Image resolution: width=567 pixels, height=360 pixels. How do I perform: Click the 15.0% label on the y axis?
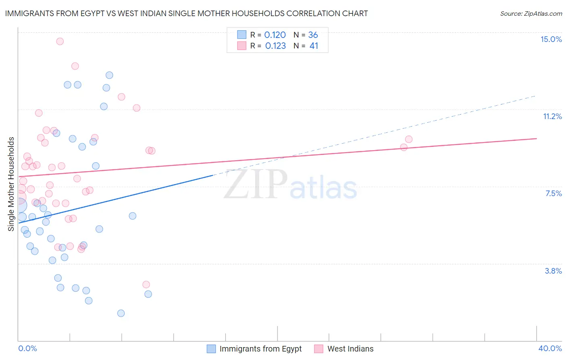click(x=551, y=39)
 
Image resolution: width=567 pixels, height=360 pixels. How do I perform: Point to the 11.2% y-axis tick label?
click(x=552, y=116)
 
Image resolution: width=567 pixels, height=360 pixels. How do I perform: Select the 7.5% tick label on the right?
click(x=553, y=193)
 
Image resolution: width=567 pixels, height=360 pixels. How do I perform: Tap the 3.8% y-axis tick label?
click(x=553, y=271)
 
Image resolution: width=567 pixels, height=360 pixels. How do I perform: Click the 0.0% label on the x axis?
click(x=27, y=348)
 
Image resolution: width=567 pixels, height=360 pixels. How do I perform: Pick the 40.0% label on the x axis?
click(x=550, y=348)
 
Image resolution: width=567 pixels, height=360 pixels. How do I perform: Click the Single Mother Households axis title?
click(x=11, y=184)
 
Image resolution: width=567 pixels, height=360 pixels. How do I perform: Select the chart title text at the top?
click(x=186, y=13)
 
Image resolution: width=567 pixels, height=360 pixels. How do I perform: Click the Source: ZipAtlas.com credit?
click(x=531, y=13)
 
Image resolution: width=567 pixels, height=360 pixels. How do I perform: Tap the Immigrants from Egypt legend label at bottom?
click(x=260, y=349)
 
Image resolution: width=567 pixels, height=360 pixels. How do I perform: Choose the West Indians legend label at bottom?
click(x=350, y=349)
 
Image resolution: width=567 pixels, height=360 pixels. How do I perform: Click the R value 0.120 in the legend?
click(x=275, y=35)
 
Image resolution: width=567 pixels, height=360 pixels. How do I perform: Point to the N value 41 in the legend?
click(x=314, y=46)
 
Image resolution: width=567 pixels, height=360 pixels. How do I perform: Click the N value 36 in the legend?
click(x=313, y=35)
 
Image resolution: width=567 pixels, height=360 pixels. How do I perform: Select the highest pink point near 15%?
click(x=60, y=41)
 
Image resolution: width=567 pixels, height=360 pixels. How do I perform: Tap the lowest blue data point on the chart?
click(x=121, y=313)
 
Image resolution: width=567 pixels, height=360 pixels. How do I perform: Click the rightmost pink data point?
click(x=409, y=139)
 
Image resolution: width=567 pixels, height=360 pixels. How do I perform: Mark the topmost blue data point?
click(x=109, y=75)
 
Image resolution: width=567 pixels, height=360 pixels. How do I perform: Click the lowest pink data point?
click(x=146, y=285)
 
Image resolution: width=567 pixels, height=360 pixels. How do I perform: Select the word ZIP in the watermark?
click(x=256, y=184)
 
